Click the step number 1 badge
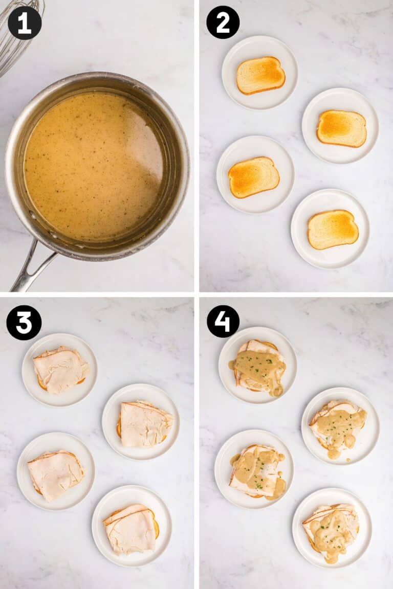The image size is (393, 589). click(25, 22)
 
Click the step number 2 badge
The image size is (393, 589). click(223, 22)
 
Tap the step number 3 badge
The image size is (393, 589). click(24, 323)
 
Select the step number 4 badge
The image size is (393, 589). click(223, 322)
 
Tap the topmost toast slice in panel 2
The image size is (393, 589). click(260, 75)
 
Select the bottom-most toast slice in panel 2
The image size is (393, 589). click(333, 229)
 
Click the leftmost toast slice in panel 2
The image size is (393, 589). click(254, 177)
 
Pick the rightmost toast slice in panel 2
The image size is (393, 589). click(342, 128)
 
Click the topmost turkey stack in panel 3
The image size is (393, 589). click(60, 370)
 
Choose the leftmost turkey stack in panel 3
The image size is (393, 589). click(55, 475)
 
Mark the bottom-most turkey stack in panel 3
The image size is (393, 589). click(130, 529)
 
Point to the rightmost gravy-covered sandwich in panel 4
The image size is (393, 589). click(338, 426)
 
